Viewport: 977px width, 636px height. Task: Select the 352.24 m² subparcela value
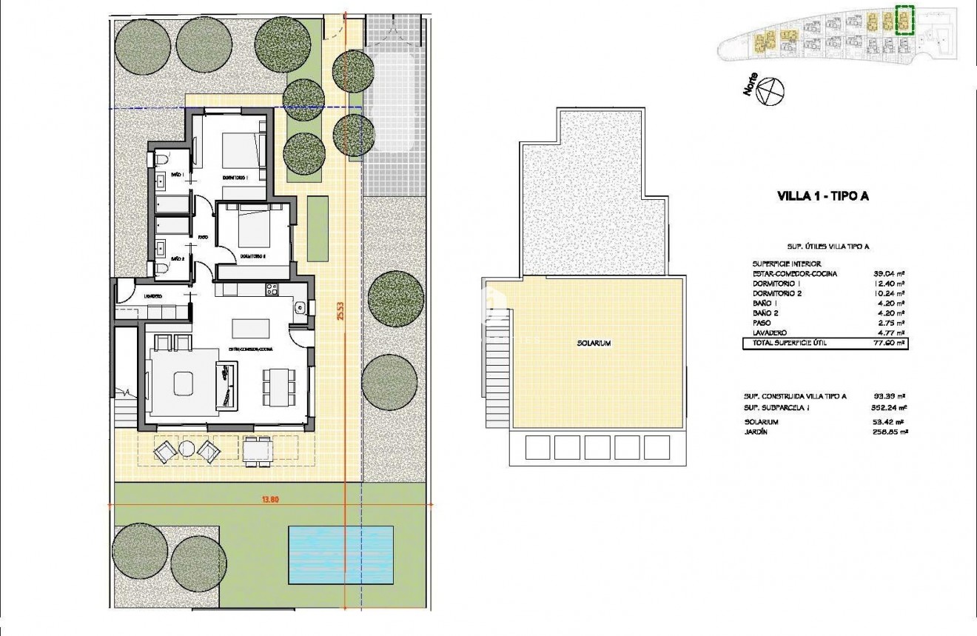(x=890, y=407)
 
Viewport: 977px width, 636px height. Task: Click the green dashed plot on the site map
(x=904, y=20)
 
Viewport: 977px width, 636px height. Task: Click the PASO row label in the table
(x=759, y=324)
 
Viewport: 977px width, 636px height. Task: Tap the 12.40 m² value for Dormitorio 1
(x=890, y=284)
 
